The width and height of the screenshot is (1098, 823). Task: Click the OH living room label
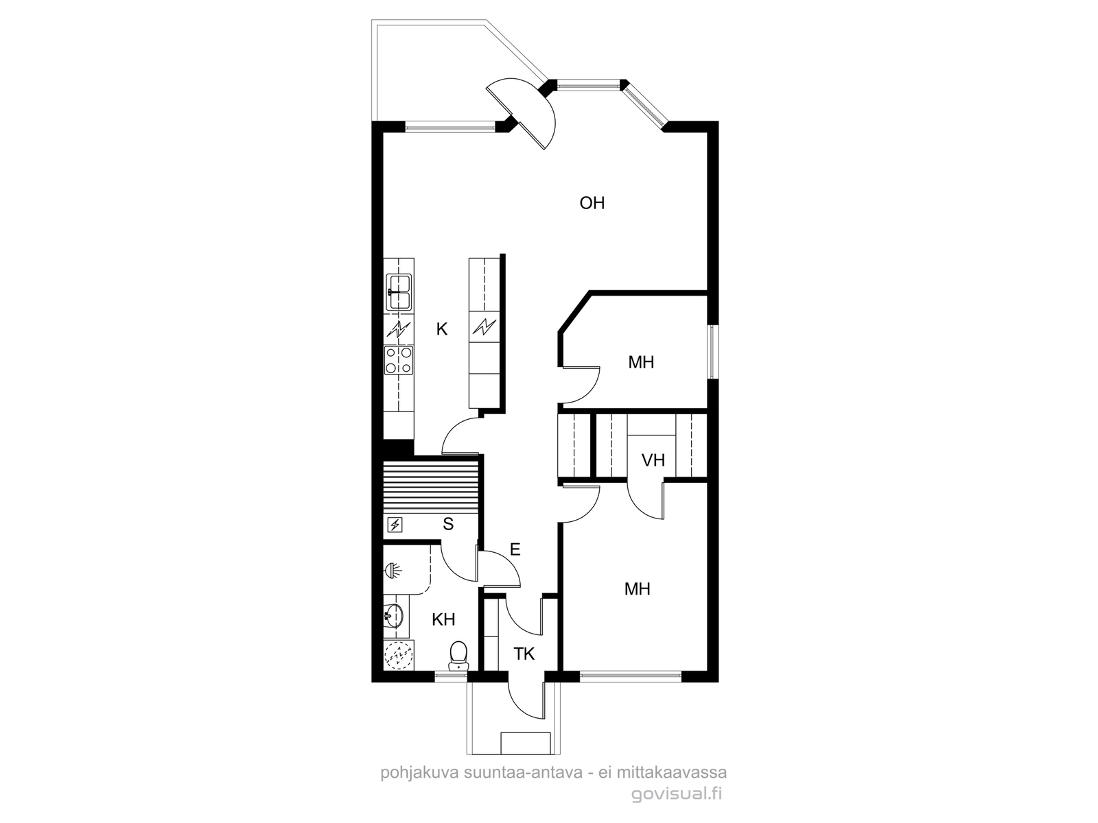pyautogui.click(x=592, y=203)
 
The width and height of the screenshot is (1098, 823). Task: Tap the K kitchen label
pyautogui.click(x=441, y=329)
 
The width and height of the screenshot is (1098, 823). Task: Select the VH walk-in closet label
pyautogui.click(x=653, y=460)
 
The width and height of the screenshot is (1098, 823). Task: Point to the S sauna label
pyautogui.click(x=448, y=524)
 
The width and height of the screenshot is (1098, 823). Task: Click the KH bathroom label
pyautogui.click(x=443, y=619)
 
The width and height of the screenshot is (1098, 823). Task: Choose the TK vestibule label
pyautogui.click(x=524, y=654)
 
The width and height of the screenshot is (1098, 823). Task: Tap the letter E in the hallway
pyautogui.click(x=515, y=549)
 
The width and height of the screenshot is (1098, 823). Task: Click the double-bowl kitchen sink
pyautogui.click(x=399, y=292)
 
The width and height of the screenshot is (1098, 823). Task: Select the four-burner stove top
pyautogui.click(x=399, y=360)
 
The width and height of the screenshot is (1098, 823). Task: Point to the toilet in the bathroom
pyautogui.click(x=458, y=656)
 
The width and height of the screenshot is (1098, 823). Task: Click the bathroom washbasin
pyautogui.click(x=394, y=616)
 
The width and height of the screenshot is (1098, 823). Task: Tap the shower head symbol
pyautogui.click(x=393, y=571)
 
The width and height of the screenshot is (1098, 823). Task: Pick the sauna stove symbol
pyautogui.click(x=395, y=525)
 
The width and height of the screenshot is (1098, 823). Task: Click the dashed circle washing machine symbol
pyautogui.click(x=398, y=655)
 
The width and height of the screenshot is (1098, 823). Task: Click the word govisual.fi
pyautogui.click(x=677, y=794)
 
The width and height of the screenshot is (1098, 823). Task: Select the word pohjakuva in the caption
pyautogui.click(x=420, y=772)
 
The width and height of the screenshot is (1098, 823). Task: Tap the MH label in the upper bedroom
pyautogui.click(x=641, y=362)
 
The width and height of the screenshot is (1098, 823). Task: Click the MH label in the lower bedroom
pyautogui.click(x=638, y=589)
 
